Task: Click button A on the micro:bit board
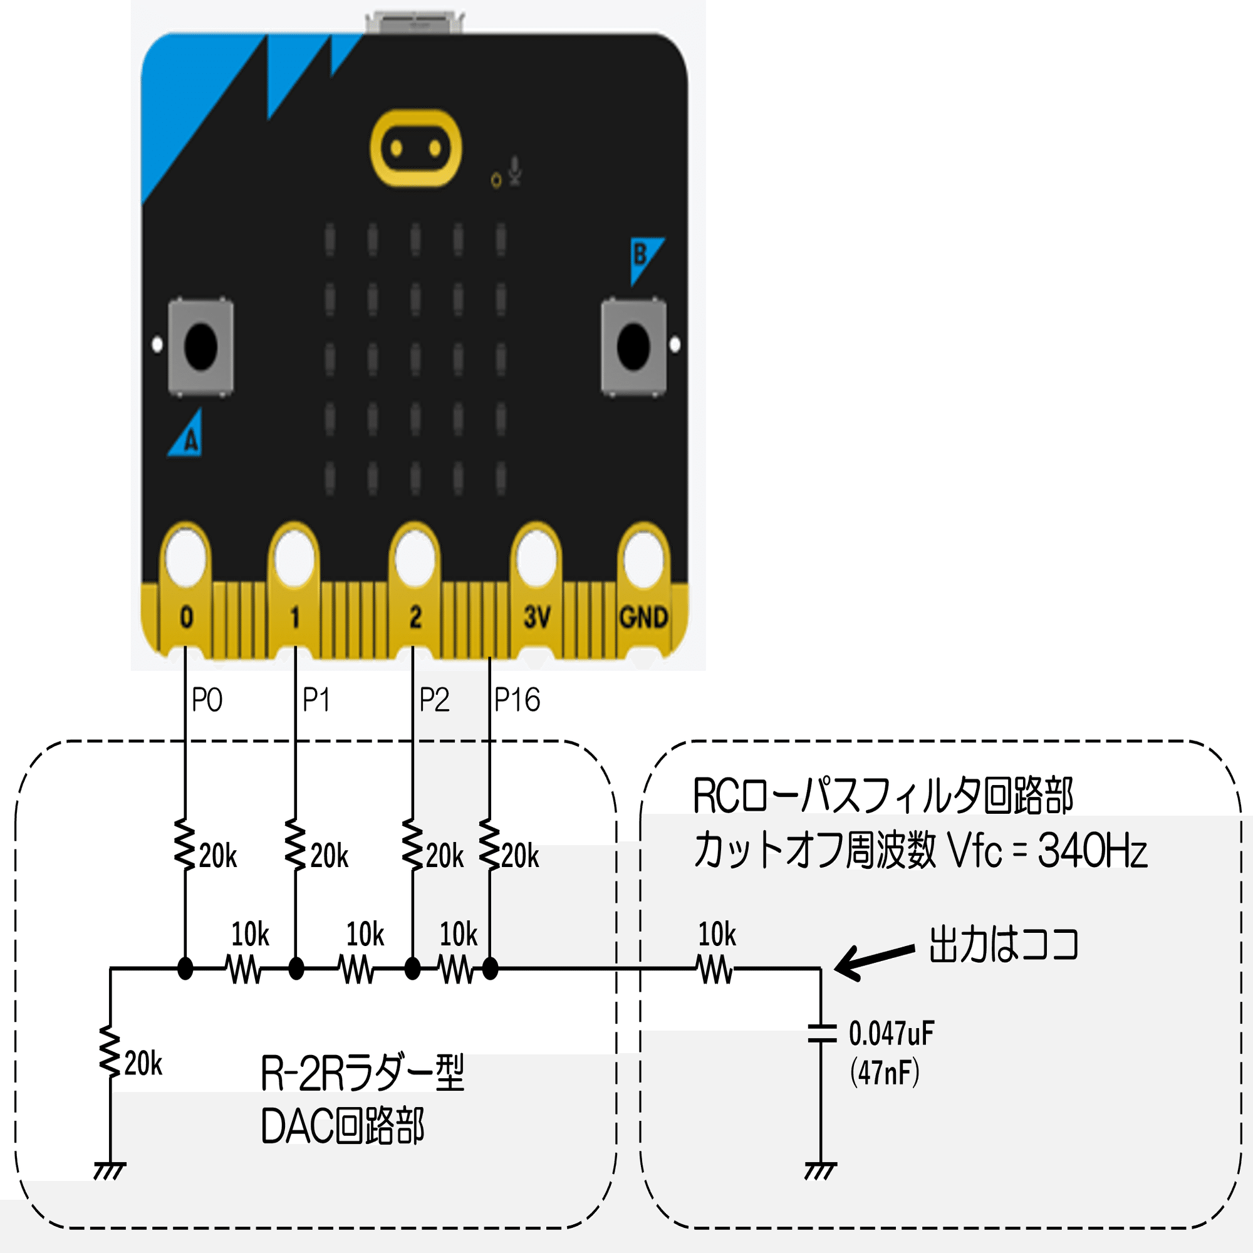(200, 346)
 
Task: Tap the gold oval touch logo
(416, 148)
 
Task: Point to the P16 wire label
(517, 700)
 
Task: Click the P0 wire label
(207, 700)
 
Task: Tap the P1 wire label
(316, 700)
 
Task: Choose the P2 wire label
(434, 700)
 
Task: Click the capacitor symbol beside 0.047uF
(821, 1034)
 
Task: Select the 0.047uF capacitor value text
(891, 1034)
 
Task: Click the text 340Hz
(1092, 850)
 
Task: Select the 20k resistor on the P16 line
(490, 845)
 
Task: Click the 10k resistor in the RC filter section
(716, 970)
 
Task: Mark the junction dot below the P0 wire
(185, 969)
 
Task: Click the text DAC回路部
(343, 1126)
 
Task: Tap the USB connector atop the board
(415, 22)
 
